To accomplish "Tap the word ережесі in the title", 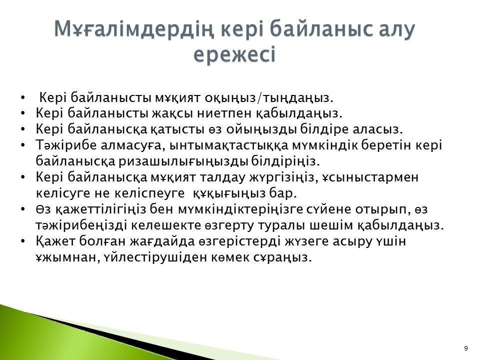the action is coord(235,55).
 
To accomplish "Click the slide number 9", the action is coord(466,348).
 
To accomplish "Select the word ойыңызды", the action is coord(261,129).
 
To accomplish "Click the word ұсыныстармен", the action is coord(370,177).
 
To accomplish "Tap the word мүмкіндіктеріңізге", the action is coord(241,209).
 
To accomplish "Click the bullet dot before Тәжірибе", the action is coord(22,145).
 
